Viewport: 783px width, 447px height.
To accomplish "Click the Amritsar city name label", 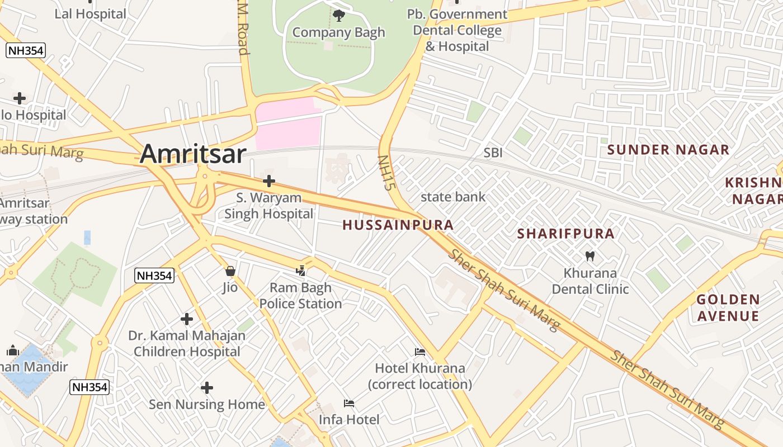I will click(193, 154).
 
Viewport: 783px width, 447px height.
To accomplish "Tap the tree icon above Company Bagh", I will click(339, 15).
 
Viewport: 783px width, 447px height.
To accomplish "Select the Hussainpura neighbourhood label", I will click(398, 225).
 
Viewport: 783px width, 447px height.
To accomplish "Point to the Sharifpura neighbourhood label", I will click(566, 234).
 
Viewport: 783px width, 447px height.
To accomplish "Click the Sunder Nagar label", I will click(668, 150).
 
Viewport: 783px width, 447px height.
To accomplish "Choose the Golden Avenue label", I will click(728, 308).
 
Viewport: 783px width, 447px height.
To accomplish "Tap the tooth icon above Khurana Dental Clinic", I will click(589, 256).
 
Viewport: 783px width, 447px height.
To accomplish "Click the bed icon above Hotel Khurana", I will click(420, 352).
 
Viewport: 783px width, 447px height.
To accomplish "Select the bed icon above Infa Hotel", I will click(349, 403).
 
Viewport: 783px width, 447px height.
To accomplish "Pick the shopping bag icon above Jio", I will click(230, 271).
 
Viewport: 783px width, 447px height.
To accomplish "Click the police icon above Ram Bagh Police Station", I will click(301, 271).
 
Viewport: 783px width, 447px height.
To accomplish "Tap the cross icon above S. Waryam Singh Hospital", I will click(269, 180).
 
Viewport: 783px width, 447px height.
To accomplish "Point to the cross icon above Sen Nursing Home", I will click(207, 387).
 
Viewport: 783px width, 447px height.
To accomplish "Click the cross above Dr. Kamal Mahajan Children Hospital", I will click(187, 319).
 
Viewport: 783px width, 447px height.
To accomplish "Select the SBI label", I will click(493, 153).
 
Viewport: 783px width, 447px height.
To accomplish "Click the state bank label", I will click(453, 197).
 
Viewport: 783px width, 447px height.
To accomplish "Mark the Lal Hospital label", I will click(90, 14).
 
